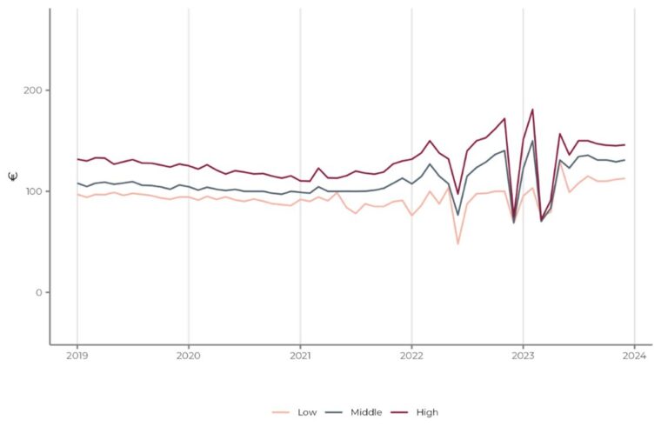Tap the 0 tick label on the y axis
point(38,292)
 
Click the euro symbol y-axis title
point(12,177)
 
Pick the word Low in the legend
point(307,412)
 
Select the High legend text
point(426,412)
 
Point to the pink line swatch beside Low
point(281,412)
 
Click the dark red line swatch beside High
point(398,412)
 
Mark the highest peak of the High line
point(532,110)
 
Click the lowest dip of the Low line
point(457,243)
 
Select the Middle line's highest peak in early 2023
point(532,141)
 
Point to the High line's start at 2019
point(77,159)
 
